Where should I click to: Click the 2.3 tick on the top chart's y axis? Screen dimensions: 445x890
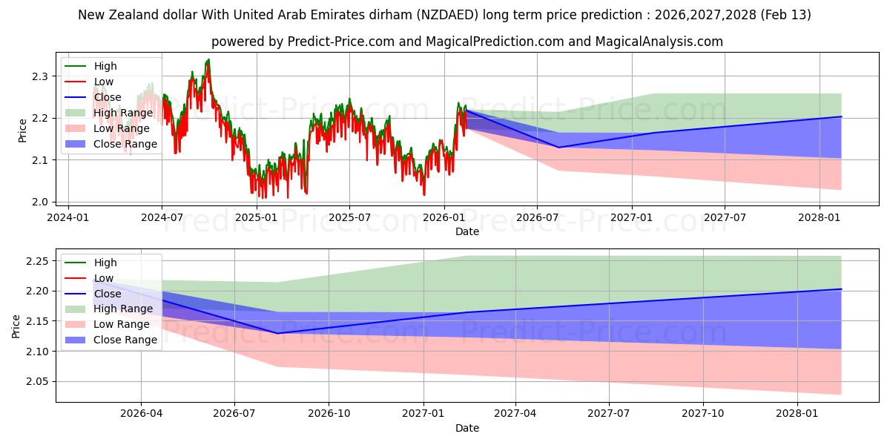click(42, 76)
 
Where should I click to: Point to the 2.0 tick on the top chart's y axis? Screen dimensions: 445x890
click(42, 202)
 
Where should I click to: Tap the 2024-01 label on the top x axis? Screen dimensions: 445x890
click(68, 217)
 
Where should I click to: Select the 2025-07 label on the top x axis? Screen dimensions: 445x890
click(349, 217)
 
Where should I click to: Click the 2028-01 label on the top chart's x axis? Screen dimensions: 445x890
click(819, 217)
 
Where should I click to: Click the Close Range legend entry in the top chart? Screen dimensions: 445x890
click(125, 144)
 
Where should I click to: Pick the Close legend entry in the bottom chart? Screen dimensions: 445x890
click(108, 294)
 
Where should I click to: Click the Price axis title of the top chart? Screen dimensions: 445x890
click(22, 131)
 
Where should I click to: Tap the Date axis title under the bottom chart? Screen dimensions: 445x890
click(467, 428)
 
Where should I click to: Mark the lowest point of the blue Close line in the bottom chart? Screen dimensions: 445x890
click(277, 333)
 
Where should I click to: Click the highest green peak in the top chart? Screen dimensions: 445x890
click(208, 59)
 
